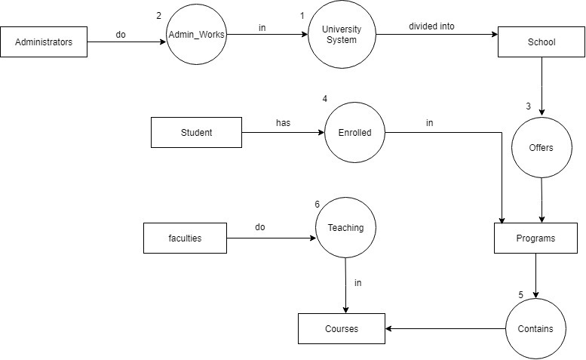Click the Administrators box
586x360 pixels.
click(x=44, y=42)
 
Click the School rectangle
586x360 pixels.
click(x=541, y=42)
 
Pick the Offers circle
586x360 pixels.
click(x=541, y=148)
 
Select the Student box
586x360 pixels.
click(x=196, y=132)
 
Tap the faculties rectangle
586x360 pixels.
click(x=185, y=238)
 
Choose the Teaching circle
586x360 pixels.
click(x=345, y=227)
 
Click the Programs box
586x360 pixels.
click(x=535, y=238)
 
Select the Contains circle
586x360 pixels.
click(x=535, y=328)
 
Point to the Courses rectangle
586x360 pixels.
click(x=342, y=328)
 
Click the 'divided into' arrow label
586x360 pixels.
click(x=431, y=26)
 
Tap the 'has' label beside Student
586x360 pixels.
click(x=283, y=122)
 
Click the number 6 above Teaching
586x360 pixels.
click(x=318, y=204)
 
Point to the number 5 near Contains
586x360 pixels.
click(x=520, y=294)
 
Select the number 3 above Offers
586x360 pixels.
click(x=529, y=106)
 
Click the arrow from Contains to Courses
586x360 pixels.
click(x=445, y=329)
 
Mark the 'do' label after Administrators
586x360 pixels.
click(x=121, y=34)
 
